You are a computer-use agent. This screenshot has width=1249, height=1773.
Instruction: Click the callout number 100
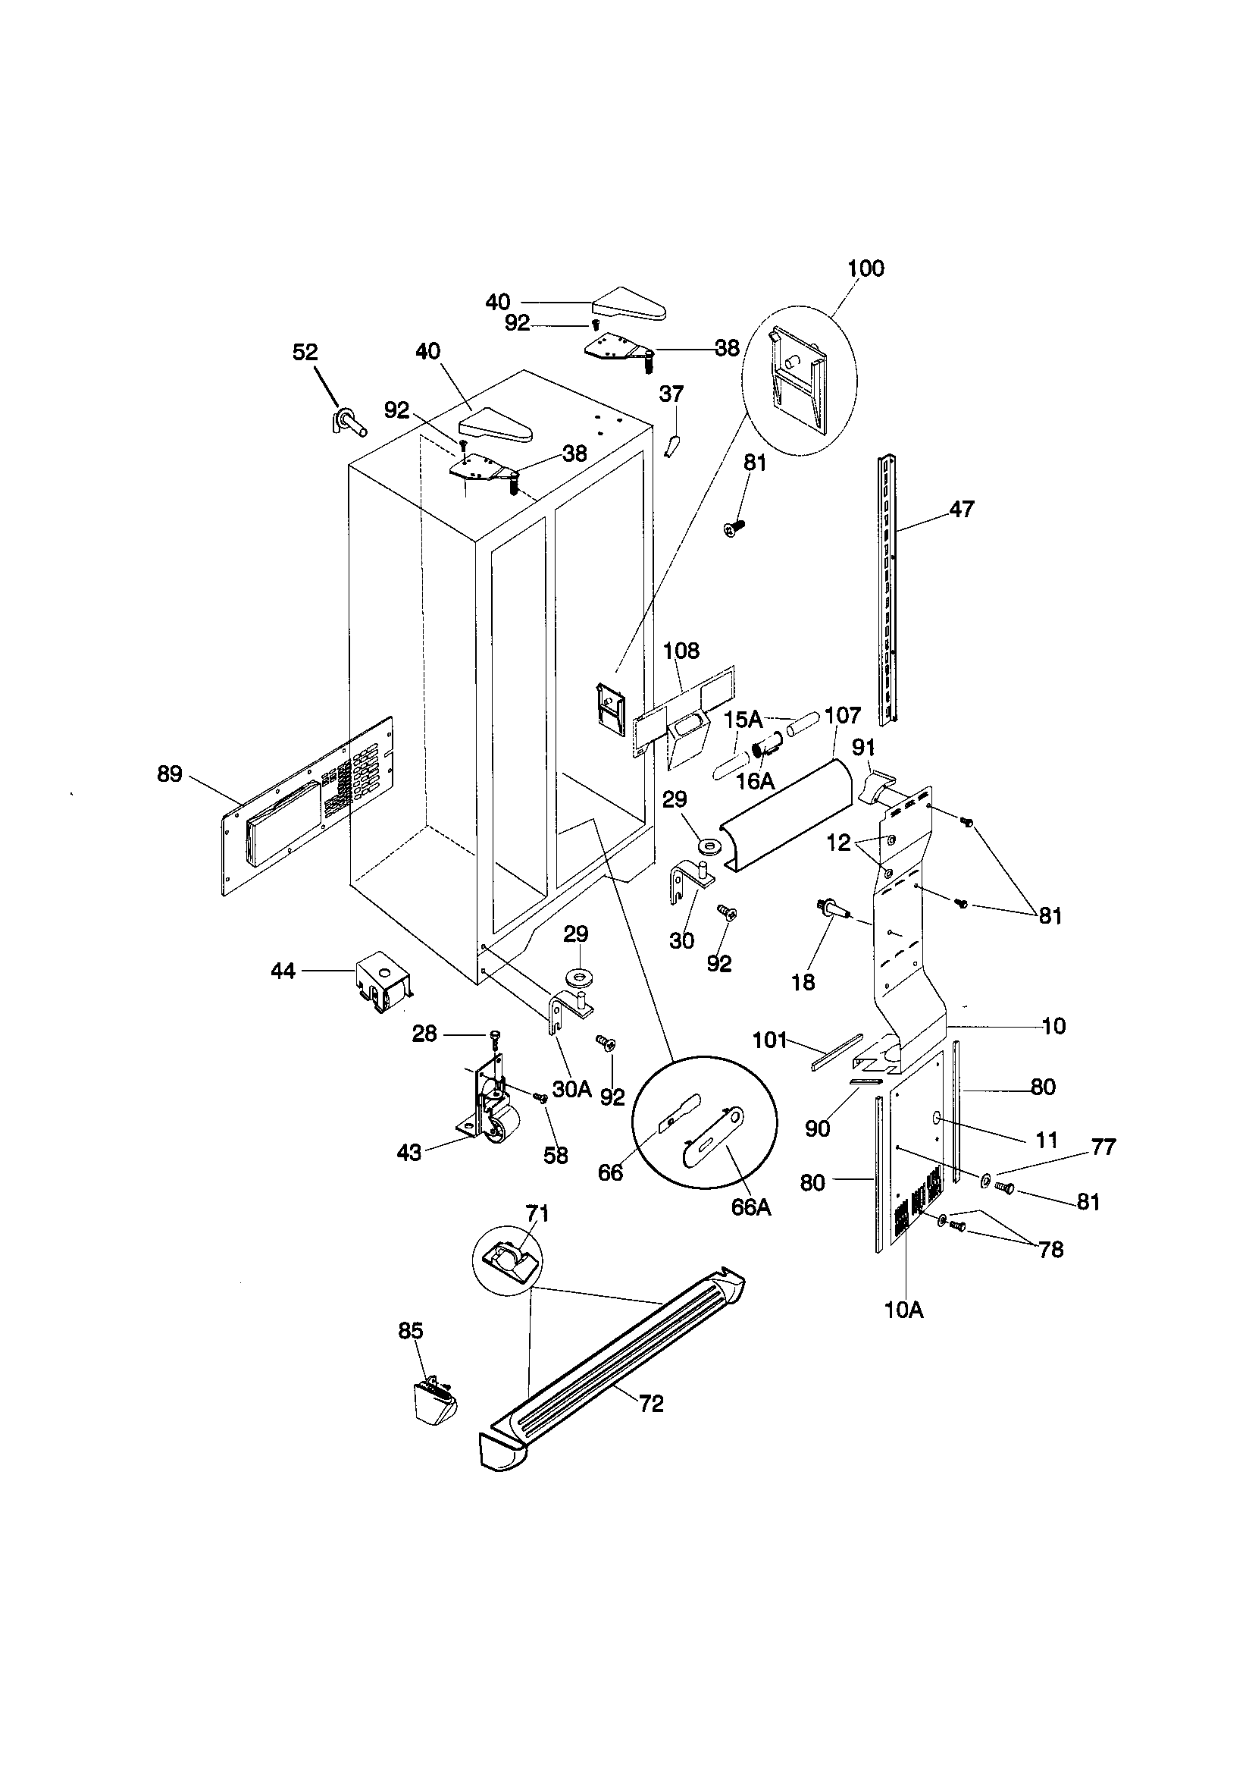(x=866, y=268)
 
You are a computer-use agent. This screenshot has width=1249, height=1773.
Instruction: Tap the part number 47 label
(x=962, y=509)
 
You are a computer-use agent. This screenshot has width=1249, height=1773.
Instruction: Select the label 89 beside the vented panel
(x=170, y=774)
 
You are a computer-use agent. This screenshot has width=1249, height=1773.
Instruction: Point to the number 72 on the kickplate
(x=651, y=1403)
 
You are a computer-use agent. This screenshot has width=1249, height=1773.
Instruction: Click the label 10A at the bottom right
(x=904, y=1310)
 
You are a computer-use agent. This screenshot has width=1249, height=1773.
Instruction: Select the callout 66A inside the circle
(x=751, y=1207)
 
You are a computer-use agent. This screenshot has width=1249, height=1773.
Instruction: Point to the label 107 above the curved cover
(x=842, y=716)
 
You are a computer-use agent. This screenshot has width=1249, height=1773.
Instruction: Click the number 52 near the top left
(x=305, y=352)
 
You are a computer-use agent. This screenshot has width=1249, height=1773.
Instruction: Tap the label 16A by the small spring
(x=754, y=782)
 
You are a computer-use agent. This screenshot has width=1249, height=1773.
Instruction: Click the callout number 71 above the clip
(x=537, y=1214)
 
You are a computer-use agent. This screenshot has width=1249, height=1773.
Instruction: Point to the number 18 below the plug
(x=803, y=982)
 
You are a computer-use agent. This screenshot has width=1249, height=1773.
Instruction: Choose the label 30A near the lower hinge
(x=572, y=1089)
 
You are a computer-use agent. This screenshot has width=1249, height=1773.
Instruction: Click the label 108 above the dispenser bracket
(x=681, y=651)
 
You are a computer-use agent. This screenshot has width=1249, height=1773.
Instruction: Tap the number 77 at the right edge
(x=1103, y=1147)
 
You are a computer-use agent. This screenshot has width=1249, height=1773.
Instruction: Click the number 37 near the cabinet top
(x=671, y=394)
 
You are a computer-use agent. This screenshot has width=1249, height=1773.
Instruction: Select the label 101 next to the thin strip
(x=769, y=1040)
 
